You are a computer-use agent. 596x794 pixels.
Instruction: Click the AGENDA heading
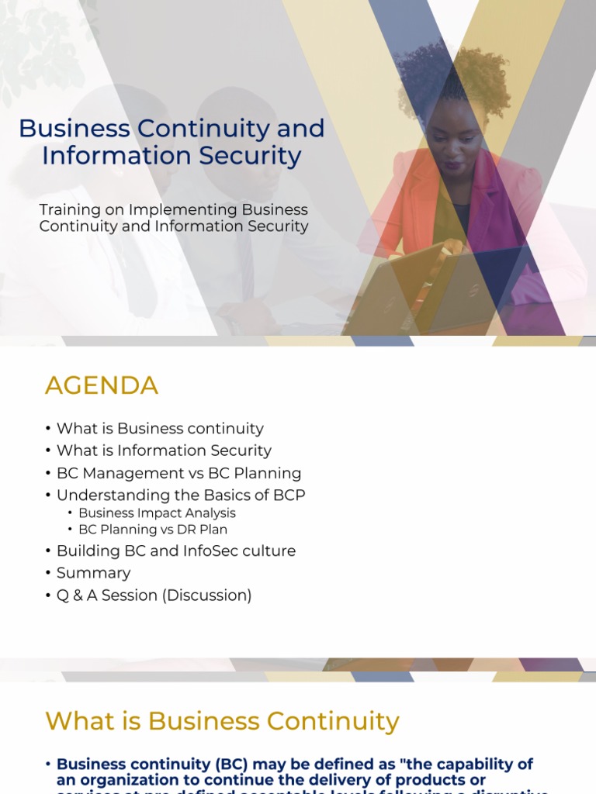(102, 385)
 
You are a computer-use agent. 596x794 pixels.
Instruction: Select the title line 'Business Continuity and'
(172, 129)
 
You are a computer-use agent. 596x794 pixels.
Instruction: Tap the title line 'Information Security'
(172, 156)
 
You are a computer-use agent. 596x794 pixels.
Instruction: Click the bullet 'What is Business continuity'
(160, 429)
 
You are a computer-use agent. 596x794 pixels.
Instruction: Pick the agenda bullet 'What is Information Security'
(164, 451)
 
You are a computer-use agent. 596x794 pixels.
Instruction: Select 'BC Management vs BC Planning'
(178, 473)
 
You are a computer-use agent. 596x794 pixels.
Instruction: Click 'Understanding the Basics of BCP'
(181, 495)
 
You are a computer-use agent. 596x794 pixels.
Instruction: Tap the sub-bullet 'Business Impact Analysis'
(157, 513)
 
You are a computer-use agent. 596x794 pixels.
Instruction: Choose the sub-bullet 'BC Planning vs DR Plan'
(153, 530)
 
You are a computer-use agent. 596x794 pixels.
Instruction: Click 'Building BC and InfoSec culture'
(176, 551)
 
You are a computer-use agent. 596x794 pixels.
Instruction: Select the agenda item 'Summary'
(93, 573)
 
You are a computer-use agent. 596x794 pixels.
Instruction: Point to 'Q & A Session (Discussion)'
(154, 595)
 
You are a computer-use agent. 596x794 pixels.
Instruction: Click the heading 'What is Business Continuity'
(223, 721)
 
